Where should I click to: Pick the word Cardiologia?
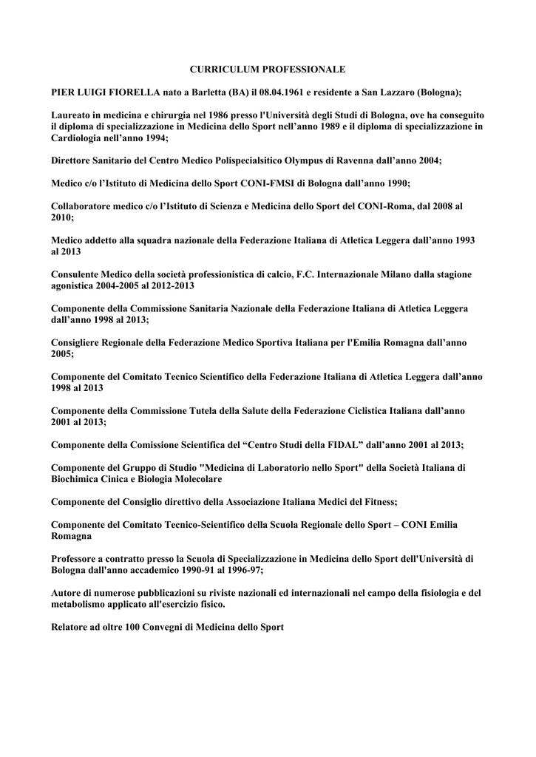tap(78, 138)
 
